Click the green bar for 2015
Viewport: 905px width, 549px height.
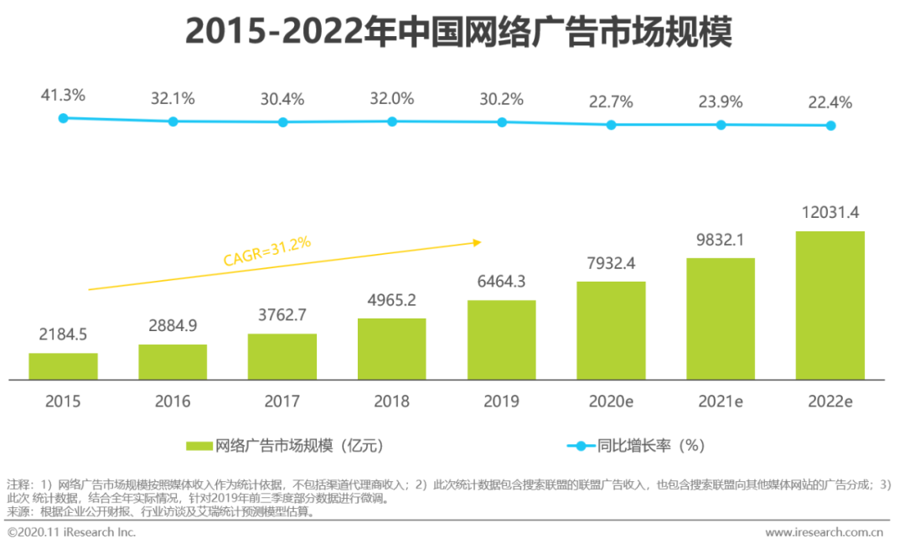point(63,365)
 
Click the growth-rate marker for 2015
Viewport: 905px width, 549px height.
point(63,118)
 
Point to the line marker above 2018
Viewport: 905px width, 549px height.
point(391,121)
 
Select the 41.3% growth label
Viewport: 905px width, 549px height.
point(63,96)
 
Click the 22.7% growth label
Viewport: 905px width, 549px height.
point(611,102)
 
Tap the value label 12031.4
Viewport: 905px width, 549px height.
point(830,212)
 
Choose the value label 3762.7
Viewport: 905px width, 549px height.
point(282,315)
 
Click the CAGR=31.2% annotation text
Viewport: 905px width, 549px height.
point(266,251)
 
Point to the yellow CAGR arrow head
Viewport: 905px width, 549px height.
point(477,242)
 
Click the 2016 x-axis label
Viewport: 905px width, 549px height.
point(173,401)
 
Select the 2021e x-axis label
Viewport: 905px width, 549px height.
point(721,401)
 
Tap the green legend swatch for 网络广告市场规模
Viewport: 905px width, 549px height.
point(199,445)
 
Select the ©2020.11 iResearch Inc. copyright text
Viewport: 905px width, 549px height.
point(71,532)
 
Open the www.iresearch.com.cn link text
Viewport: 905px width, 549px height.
point(825,532)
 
